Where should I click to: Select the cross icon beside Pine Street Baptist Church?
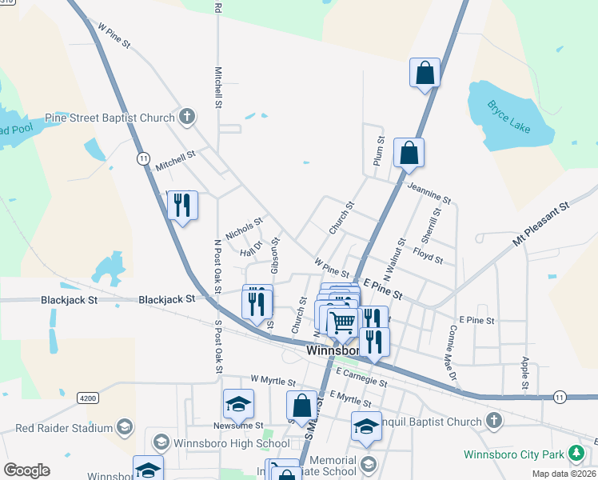click(x=187, y=118)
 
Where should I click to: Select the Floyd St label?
click(x=428, y=254)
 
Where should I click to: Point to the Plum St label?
click(x=380, y=151)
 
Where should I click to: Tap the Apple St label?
click(x=525, y=373)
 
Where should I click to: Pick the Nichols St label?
click(x=244, y=230)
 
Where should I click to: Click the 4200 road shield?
click(x=89, y=397)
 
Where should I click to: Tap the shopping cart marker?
click(x=342, y=322)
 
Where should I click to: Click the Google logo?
click(x=26, y=470)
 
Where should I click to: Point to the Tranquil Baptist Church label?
click(x=432, y=422)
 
